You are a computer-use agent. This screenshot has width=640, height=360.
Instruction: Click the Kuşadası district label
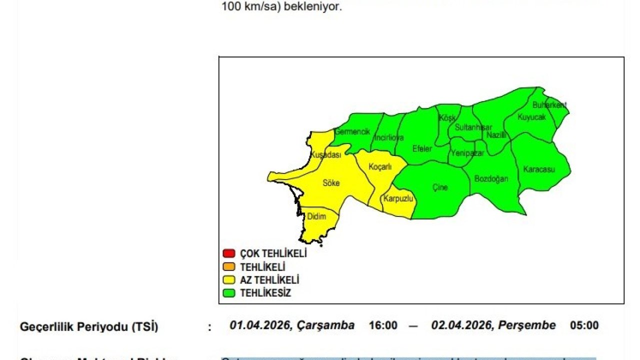pyautogui.click(x=325, y=155)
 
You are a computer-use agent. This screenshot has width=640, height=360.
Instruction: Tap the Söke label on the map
pyautogui.click(x=331, y=183)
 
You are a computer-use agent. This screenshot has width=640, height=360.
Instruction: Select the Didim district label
pyautogui.click(x=316, y=216)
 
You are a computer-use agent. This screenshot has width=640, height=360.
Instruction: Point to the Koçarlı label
pyautogui.click(x=380, y=167)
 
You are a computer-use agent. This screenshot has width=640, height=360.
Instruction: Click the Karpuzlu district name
pyautogui.click(x=398, y=198)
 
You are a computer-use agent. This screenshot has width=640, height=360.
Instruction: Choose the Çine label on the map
pyautogui.click(x=440, y=187)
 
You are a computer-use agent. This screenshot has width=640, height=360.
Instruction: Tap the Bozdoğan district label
pyautogui.click(x=491, y=178)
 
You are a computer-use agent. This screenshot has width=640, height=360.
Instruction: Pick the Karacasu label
pyautogui.click(x=539, y=169)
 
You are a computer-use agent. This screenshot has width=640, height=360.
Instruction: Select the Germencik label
pyautogui.click(x=352, y=132)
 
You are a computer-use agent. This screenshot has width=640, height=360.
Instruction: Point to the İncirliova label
pyautogui.click(x=389, y=137)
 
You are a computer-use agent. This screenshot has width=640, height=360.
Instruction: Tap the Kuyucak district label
pyautogui.click(x=531, y=117)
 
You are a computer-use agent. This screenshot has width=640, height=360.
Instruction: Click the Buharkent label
pyautogui.click(x=549, y=105)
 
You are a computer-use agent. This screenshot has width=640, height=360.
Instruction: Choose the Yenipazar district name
pyautogui.click(x=467, y=153)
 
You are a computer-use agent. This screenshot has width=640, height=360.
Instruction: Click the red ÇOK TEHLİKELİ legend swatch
pyautogui.click(x=229, y=253)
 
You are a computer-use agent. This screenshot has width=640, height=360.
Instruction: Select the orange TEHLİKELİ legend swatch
pyautogui.click(x=229, y=267)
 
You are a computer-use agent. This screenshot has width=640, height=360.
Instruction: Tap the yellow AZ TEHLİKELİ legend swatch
pyautogui.click(x=229, y=280)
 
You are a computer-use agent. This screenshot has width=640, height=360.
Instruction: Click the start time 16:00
pyautogui.click(x=383, y=325)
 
